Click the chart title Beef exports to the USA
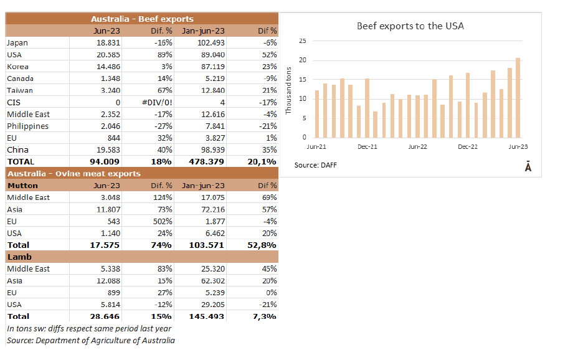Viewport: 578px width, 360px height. pyautogui.click(x=410, y=26)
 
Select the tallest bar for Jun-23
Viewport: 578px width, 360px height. pyautogui.click(x=518, y=98)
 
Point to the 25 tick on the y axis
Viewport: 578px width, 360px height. pyautogui.click(x=303, y=41)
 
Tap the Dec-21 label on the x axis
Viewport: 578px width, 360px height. pyautogui.click(x=368, y=147)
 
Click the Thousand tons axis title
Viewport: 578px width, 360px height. pyautogui.click(x=288, y=90)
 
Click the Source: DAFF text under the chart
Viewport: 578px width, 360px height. pyautogui.click(x=316, y=165)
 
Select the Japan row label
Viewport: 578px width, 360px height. pyautogui.click(x=17, y=43)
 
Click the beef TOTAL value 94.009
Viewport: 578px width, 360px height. pyautogui.click(x=105, y=162)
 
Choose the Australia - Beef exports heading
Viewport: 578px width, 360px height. pyautogui.click(x=142, y=19)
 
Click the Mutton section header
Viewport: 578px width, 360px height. pyautogui.click(x=22, y=186)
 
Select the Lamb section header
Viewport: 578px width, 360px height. pyautogui.click(x=19, y=257)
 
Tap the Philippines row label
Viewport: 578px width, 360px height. pyautogui.click(x=27, y=126)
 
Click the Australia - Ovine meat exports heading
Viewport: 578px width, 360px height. pyautogui.click(x=73, y=174)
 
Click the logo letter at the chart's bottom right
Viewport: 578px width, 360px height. pyautogui.click(x=528, y=166)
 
